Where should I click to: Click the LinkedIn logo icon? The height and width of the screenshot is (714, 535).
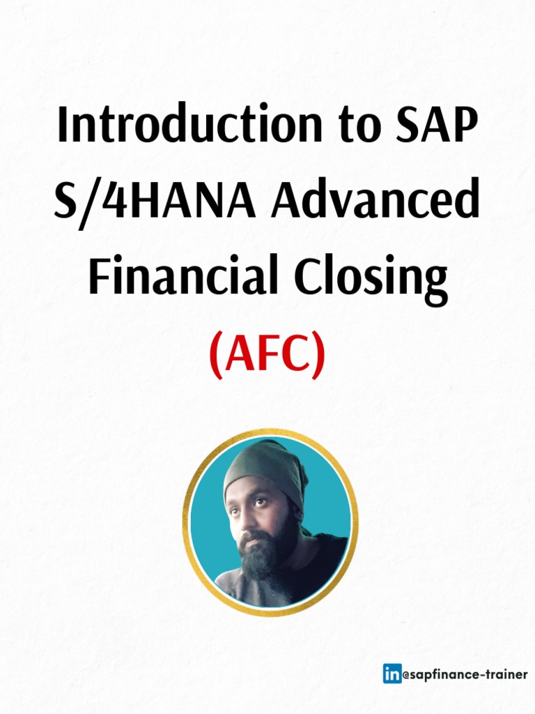392,674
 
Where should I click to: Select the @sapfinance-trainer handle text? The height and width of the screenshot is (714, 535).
465,674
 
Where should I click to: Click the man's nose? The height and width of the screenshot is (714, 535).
244,519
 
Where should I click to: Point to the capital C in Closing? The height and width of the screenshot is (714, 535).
300,277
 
